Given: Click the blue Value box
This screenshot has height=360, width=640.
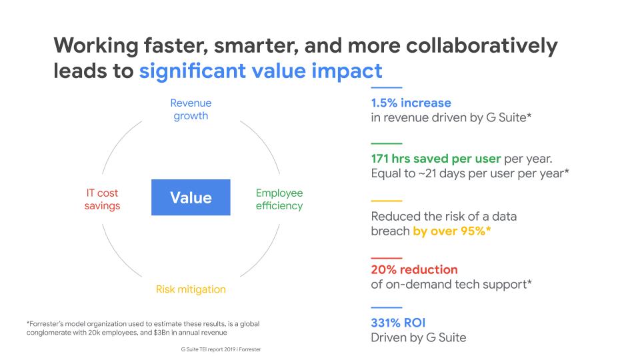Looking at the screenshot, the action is [191, 197].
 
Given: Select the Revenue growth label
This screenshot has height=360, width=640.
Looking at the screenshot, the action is [191, 109].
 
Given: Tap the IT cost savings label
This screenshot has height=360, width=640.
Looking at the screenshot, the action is [102, 199].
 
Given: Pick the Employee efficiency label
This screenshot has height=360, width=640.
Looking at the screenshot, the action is [279, 199].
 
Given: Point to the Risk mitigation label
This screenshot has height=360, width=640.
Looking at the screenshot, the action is [191, 289].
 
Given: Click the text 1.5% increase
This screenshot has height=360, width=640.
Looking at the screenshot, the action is [411, 103].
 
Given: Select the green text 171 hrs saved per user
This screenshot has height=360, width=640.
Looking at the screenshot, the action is [436, 159].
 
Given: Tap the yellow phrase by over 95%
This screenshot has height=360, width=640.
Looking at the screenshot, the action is [452, 231].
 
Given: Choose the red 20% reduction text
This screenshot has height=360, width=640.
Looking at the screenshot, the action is [414, 269].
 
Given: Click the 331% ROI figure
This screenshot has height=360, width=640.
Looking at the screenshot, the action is [398, 323].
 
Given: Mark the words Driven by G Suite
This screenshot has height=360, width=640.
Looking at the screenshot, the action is [419, 337].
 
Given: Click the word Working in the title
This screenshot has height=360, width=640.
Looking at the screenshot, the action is [96, 46].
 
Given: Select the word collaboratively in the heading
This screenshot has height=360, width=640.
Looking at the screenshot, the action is [481, 46].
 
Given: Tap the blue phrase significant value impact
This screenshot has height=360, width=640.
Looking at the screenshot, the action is [261, 71].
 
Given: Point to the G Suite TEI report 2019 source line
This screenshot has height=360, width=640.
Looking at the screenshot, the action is [221, 349].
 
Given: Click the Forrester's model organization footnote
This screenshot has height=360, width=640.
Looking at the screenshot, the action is [143, 328].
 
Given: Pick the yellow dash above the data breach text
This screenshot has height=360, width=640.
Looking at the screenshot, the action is [387, 201].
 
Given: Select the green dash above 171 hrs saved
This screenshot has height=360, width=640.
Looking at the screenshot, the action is [387, 143].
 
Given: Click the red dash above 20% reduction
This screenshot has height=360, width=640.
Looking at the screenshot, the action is [387, 259].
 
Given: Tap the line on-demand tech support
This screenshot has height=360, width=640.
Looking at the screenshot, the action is [451, 285].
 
